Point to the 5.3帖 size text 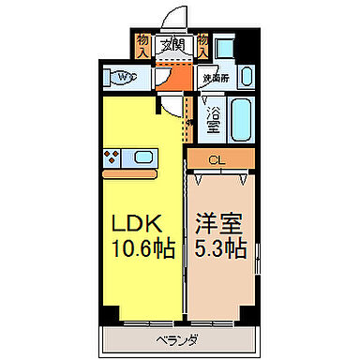219,250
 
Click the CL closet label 217,159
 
